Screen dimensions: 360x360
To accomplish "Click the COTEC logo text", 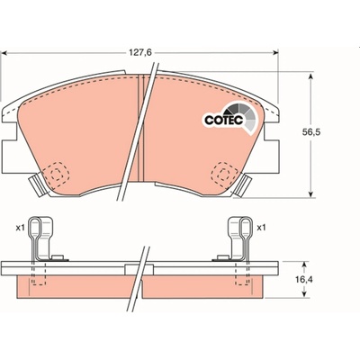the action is tap(223, 120).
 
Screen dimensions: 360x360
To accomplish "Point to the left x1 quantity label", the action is tap(20, 228).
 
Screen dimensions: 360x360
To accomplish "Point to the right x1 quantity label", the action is tap(261, 228).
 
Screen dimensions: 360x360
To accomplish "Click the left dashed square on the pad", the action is tap(56, 174).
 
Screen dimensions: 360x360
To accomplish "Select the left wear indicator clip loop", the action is tap(35, 228).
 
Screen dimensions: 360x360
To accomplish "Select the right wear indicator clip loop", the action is tap(246, 228).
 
